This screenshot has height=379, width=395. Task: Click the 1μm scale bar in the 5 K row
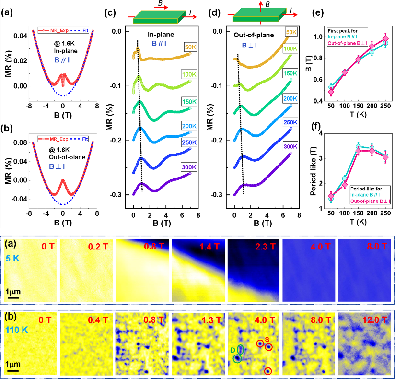click(13, 294)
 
